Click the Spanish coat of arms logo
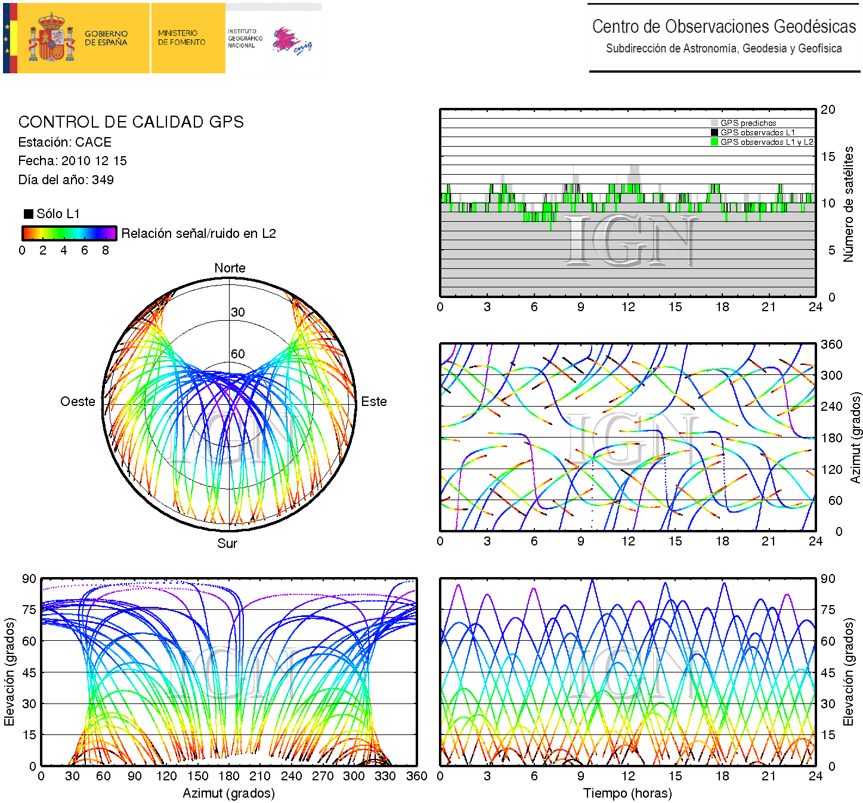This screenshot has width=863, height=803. (52, 38)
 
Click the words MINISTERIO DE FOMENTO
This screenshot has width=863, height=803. (181, 38)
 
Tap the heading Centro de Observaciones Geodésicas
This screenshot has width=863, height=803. (723, 27)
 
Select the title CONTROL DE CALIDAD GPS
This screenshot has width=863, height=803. (131, 122)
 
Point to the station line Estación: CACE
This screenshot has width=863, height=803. (65, 142)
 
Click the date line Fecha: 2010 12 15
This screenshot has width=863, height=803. (72, 161)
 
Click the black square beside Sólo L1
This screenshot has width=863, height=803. (28, 214)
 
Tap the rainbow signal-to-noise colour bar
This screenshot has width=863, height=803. (69, 233)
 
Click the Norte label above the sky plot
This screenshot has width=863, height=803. (230, 268)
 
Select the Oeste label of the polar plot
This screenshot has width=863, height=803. (78, 402)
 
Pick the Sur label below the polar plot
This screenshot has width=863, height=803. (227, 543)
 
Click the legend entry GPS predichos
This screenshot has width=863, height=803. (748, 123)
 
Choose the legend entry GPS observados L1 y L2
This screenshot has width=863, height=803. (766, 142)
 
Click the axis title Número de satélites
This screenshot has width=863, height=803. (848, 204)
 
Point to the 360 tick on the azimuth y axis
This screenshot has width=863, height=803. (831, 345)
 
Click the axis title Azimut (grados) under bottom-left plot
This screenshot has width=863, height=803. (228, 793)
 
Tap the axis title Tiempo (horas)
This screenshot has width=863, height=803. (627, 793)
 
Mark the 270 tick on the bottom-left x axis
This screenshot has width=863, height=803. (323, 776)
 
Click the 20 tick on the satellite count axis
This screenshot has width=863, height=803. (828, 110)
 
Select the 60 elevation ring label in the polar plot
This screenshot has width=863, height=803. (238, 354)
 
